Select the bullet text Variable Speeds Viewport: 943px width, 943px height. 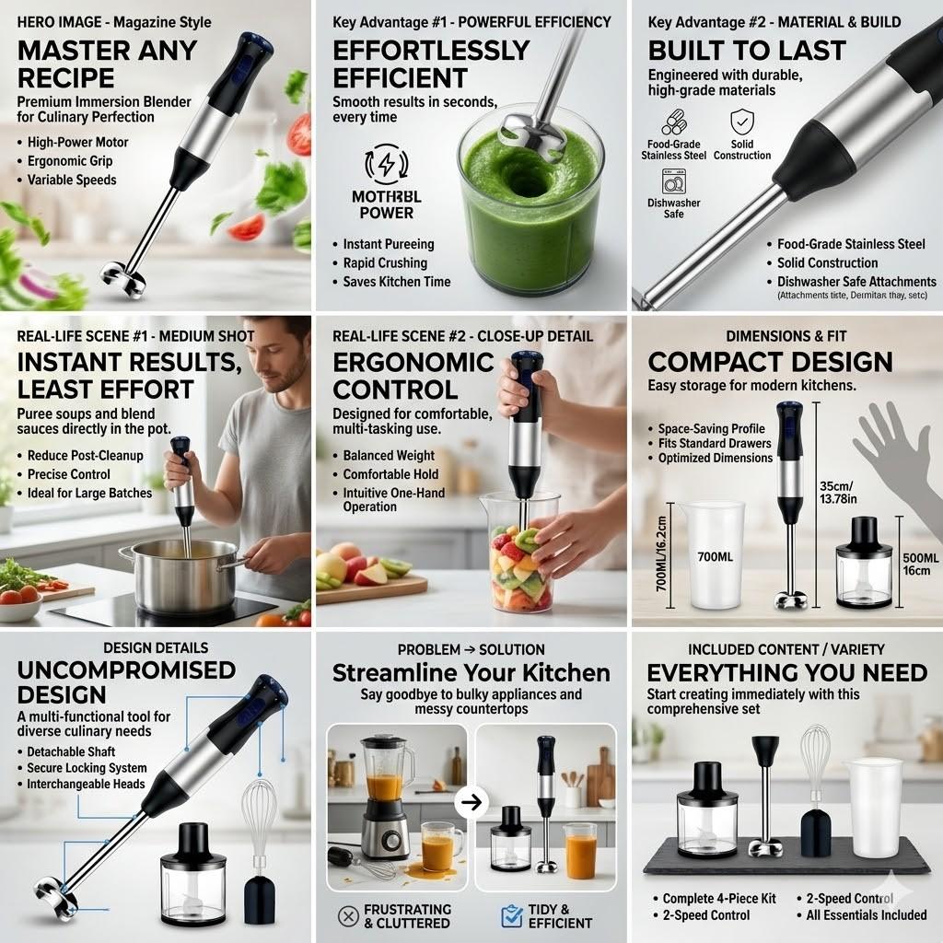click(x=72, y=180)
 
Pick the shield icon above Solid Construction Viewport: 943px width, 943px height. click(x=741, y=122)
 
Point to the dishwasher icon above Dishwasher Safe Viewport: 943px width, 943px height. click(x=673, y=181)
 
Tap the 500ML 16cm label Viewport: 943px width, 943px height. click(x=920, y=565)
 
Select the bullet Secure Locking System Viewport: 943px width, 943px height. click(x=87, y=768)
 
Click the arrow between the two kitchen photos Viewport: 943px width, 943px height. click(x=470, y=802)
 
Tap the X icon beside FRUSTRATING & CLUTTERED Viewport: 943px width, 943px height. click(x=347, y=915)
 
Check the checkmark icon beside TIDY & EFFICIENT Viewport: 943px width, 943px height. click(x=510, y=915)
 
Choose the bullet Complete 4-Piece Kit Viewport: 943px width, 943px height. click(x=719, y=899)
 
